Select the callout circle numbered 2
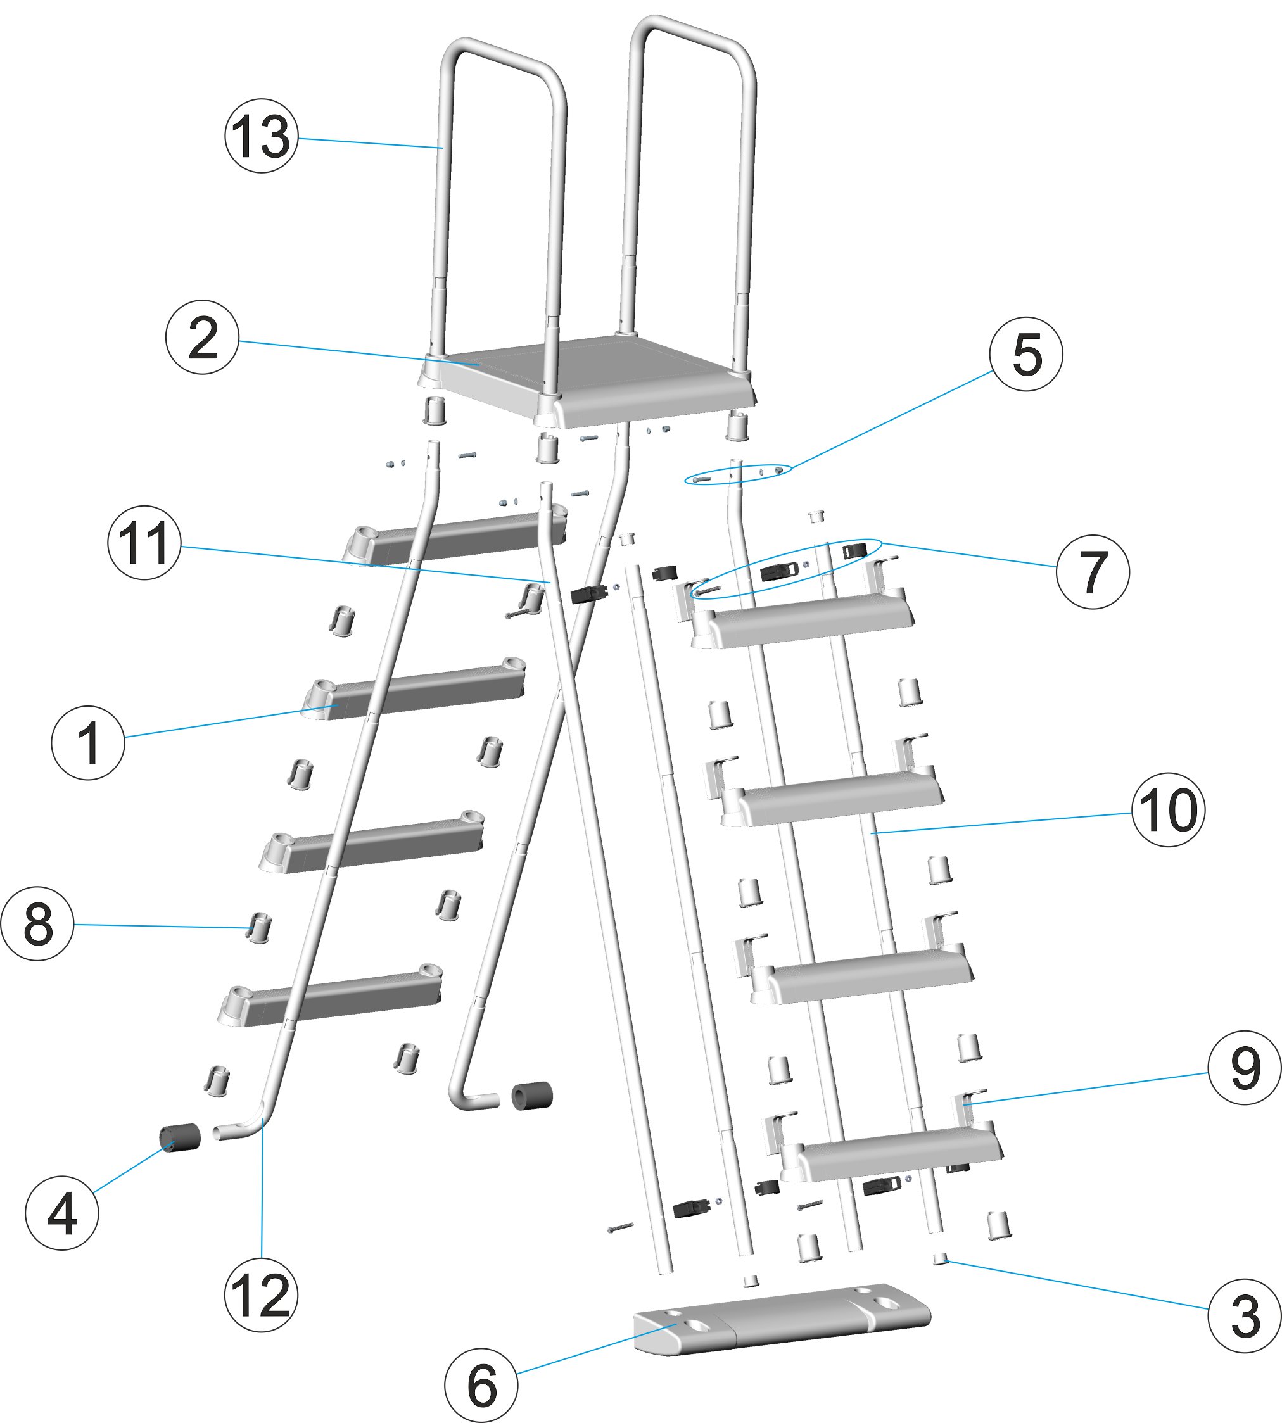pyautogui.click(x=202, y=338)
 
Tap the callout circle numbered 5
pyautogui.click(x=1025, y=354)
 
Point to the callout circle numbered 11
pyautogui.click(x=144, y=543)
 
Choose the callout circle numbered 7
pyautogui.click(x=1093, y=572)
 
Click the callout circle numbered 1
pyautogui.click(x=88, y=742)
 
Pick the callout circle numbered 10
pyautogui.click(x=1168, y=810)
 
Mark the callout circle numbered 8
pyautogui.click(x=37, y=923)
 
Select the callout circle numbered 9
pyautogui.click(x=1245, y=1068)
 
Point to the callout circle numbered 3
pyautogui.click(x=1245, y=1316)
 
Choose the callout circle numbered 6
pyautogui.click(x=481, y=1386)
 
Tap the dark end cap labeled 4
pyautogui.click(x=180, y=1137)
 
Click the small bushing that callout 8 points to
pyautogui.click(x=259, y=928)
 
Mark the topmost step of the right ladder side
pyautogui.click(x=803, y=619)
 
